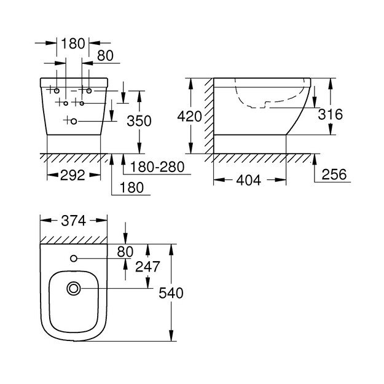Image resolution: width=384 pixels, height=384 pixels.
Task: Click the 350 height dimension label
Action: tap(139, 121)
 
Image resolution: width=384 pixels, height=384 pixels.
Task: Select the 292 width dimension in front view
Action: tap(73, 175)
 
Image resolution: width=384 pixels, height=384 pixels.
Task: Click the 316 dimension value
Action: tap(331, 114)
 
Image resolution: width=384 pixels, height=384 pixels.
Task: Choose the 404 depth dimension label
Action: tap(248, 180)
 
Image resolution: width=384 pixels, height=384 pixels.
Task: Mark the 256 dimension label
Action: tap(334, 174)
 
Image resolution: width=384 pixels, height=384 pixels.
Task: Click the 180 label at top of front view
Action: tap(73, 44)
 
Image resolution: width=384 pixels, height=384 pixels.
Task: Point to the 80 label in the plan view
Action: tap(125, 251)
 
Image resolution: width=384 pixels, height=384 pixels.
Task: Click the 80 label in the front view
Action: tap(106, 56)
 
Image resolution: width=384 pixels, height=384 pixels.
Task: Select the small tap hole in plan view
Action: tap(74, 257)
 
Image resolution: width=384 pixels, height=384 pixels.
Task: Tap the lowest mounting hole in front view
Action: tap(74, 121)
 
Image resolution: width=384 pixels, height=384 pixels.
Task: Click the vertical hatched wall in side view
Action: tap(209, 117)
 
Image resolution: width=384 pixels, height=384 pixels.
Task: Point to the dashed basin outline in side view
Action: tap(270, 98)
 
